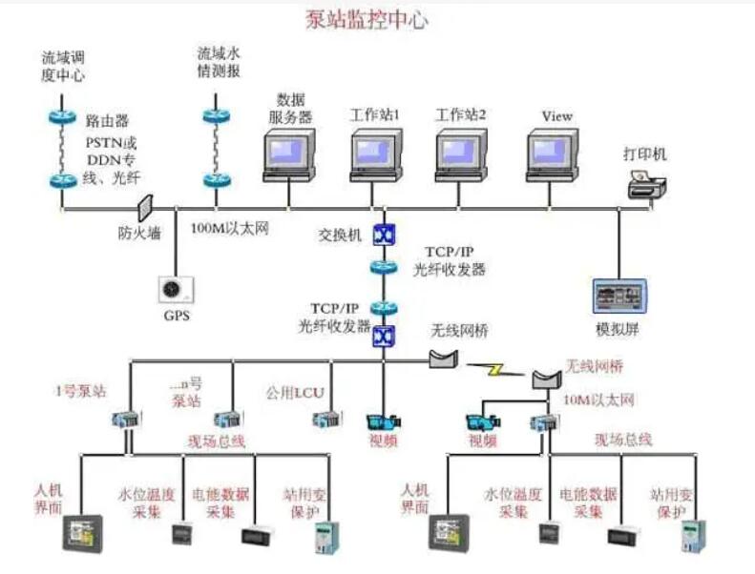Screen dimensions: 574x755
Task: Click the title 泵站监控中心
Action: (366, 18)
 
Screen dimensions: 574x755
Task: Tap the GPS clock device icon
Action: (174, 288)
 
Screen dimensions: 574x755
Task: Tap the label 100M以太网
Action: (230, 230)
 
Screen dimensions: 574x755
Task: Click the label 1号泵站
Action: (80, 391)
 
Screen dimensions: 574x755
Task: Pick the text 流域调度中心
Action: (63, 66)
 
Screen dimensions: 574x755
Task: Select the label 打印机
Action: (645, 153)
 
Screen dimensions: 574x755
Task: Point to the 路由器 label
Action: (107, 121)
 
